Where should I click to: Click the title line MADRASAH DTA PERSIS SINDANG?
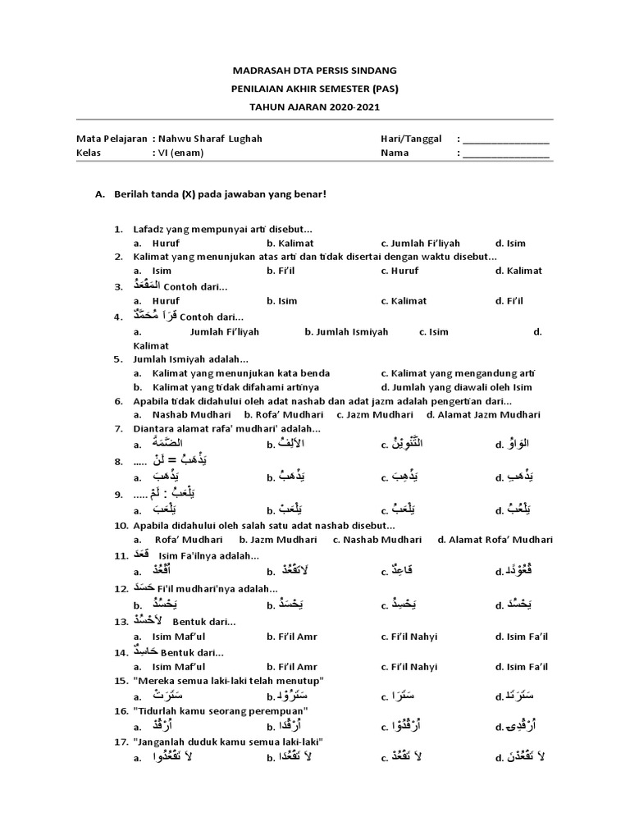tap(315, 71)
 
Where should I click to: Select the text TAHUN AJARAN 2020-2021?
tap(315, 107)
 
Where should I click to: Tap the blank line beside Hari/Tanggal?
tap(506, 139)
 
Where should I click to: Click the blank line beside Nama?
tap(506, 153)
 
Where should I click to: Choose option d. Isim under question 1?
tap(510, 243)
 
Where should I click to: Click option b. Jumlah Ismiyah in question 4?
tap(346, 332)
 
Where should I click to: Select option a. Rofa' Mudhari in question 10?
tap(185, 540)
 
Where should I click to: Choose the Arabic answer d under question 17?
tap(527, 757)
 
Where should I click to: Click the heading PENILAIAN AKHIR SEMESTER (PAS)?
tap(315, 89)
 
